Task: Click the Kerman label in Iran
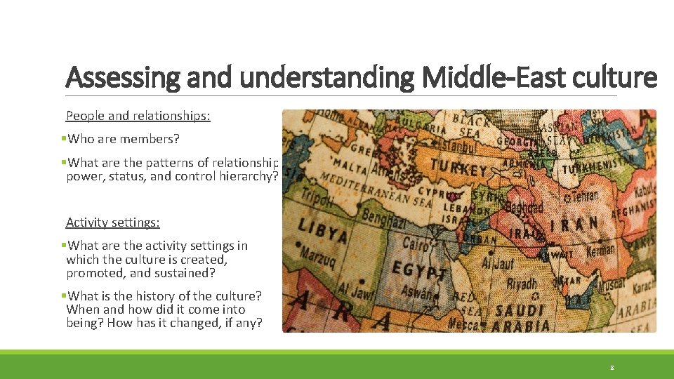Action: pyautogui.click(x=600, y=250)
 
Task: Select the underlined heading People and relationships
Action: pyautogui.click(x=138, y=116)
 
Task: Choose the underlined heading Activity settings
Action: pyautogui.click(x=112, y=222)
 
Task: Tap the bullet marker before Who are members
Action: pyautogui.click(x=63, y=139)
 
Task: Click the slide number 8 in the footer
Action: pyautogui.click(x=612, y=367)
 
